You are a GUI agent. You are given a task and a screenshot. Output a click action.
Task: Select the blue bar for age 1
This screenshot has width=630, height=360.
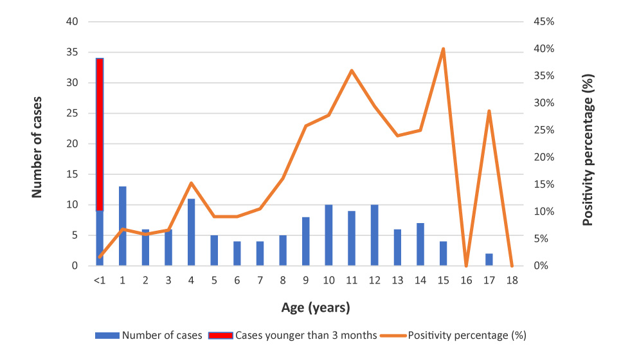122,226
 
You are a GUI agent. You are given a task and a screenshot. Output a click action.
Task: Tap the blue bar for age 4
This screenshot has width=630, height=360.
191,232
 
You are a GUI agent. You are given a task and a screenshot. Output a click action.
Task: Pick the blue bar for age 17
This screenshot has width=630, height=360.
489,260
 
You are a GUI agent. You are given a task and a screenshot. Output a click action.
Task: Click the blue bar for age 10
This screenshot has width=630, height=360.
328,235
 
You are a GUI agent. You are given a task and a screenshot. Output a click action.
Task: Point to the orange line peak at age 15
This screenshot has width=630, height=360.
443,49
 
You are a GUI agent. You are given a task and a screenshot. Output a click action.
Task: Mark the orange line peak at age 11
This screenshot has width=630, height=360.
352,71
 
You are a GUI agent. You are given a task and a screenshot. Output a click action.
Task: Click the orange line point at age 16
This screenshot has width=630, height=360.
466,265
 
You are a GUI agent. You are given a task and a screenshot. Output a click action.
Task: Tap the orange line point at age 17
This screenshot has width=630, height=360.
489,111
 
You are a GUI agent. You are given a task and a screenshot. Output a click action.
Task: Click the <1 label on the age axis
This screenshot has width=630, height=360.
99,281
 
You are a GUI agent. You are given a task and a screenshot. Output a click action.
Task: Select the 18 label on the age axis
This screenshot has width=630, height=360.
512,281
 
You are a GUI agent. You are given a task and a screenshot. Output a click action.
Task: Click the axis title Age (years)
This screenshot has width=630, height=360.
316,308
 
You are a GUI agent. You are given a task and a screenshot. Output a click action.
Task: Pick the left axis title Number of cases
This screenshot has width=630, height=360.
37,143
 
